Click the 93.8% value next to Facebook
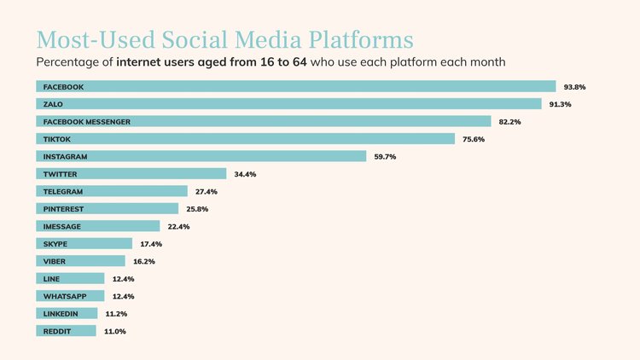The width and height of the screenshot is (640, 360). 574,87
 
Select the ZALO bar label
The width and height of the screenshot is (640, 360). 53,104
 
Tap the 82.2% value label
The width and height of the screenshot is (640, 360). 509,122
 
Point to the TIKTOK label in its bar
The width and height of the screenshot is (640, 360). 56,139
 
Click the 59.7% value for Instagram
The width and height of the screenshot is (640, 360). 385,157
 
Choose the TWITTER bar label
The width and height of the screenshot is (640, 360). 60,174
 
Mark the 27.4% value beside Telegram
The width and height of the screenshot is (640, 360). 207,192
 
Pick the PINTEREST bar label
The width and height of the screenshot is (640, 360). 63,209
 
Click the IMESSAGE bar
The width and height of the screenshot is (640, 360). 98,226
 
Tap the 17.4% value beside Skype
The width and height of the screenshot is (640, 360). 151,244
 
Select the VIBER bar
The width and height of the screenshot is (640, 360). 80,261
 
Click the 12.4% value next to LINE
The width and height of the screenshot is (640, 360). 123,279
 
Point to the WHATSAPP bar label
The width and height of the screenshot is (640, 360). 65,296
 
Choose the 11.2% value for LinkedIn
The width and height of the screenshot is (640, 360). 116,314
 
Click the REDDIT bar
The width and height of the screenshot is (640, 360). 66,331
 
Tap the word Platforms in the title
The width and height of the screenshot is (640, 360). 361,40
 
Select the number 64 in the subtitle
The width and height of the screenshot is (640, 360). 300,62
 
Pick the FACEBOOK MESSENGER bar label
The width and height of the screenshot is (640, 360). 87,122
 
